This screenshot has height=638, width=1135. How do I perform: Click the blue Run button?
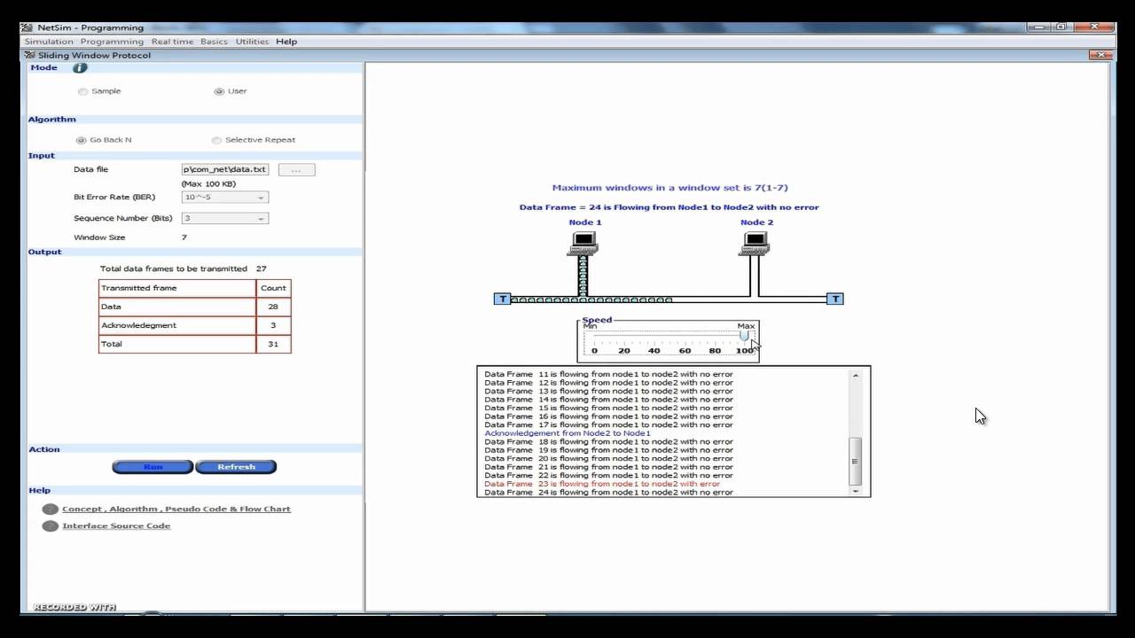pyautogui.click(x=153, y=467)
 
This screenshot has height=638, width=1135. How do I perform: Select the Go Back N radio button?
pyautogui.click(x=82, y=140)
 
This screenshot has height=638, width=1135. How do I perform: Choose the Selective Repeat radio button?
pyautogui.click(x=217, y=140)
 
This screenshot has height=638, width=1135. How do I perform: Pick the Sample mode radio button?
pyautogui.click(x=83, y=91)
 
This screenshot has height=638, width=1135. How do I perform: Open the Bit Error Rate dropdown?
pyautogui.click(x=224, y=198)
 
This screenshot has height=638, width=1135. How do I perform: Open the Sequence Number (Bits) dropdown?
pyautogui.click(x=224, y=218)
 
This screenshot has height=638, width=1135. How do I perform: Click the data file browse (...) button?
pyautogui.click(x=296, y=169)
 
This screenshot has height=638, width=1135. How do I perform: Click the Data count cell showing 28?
pyautogui.click(x=273, y=307)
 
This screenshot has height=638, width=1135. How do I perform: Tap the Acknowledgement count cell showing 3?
pyautogui.click(x=273, y=325)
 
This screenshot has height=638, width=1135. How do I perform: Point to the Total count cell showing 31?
pyautogui.click(x=273, y=344)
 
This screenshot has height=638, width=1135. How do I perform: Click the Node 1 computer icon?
pyautogui.click(x=583, y=242)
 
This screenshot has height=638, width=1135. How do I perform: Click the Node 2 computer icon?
pyautogui.click(x=755, y=242)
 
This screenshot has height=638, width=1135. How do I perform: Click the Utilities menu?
pyautogui.click(x=252, y=42)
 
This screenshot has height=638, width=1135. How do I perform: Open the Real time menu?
pyautogui.click(x=172, y=42)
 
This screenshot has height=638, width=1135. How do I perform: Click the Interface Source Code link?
pyautogui.click(x=116, y=526)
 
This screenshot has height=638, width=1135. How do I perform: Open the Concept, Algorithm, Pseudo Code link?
pyautogui.click(x=176, y=510)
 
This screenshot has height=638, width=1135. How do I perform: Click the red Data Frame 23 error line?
pyautogui.click(x=602, y=484)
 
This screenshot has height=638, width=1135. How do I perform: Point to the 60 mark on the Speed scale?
pyautogui.click(x=685, y=350)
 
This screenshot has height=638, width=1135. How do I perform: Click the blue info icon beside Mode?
pyautogui.click(x=80, y=68)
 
